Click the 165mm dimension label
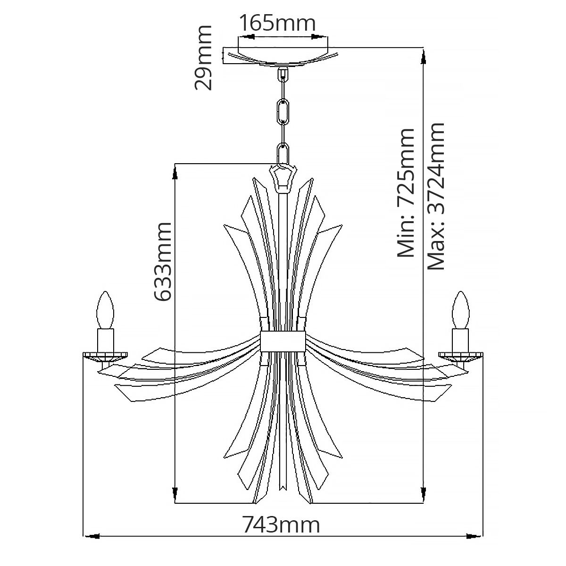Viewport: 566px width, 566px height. point(277,23)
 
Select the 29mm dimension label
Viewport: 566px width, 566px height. point(203,58)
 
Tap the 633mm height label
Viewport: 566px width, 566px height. point(163,262)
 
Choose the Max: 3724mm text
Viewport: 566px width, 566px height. point(436,196)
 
